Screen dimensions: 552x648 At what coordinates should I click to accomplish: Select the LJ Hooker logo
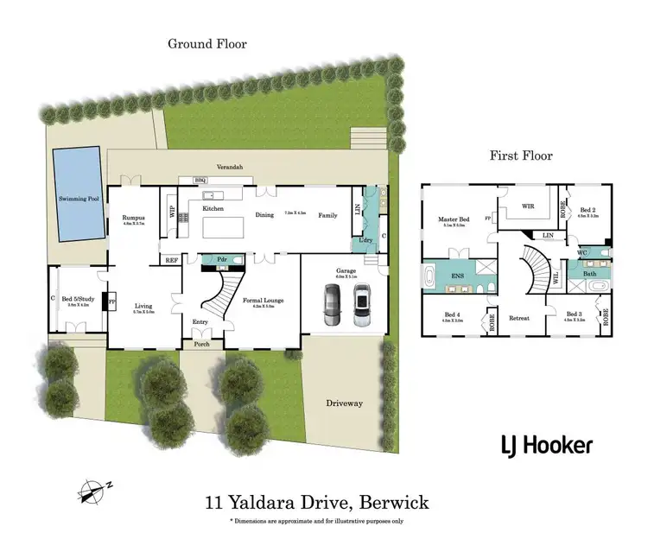pos(547,446)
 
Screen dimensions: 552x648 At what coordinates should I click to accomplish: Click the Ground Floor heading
pos(207,43)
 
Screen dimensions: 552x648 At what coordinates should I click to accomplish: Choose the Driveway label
pos(343,403)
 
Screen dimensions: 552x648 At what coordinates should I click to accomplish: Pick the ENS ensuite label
pos(455,276)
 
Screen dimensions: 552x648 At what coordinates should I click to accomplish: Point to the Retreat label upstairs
pos(518,318)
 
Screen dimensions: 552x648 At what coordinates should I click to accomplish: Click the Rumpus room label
pos(133,219)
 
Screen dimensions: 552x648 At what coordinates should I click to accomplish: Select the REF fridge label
pos(171,258)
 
